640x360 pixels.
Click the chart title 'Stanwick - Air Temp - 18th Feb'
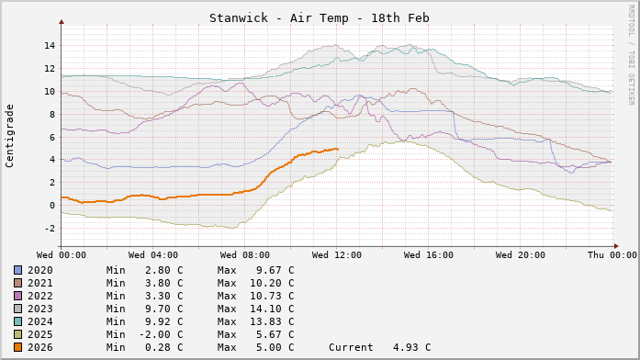coord(319,18)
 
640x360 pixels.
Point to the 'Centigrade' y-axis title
coord(10,134)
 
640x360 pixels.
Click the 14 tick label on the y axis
coord(50,46)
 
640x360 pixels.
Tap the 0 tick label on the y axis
coord(52,205)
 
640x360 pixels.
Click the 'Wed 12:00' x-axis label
coord(336,254)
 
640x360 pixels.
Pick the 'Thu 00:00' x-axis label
coord(612,254)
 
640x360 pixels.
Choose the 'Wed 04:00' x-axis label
coord(152,254)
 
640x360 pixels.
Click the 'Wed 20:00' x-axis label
coord(520,254)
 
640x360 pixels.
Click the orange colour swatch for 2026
coord(17,347)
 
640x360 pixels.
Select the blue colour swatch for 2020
coord(17,270)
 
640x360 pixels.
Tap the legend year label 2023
coord(39,309)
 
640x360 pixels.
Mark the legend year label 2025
coord(39,334)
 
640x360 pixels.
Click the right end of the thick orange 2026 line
coord(337,149)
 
